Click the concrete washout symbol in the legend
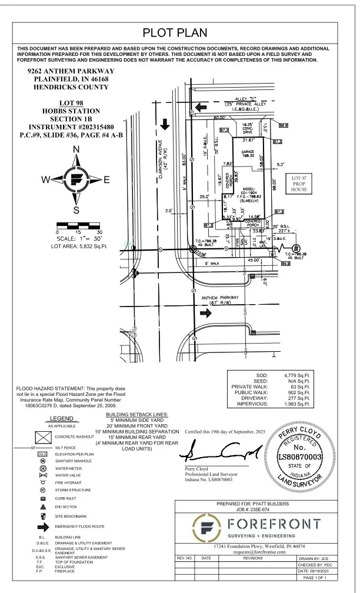[42, 437]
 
